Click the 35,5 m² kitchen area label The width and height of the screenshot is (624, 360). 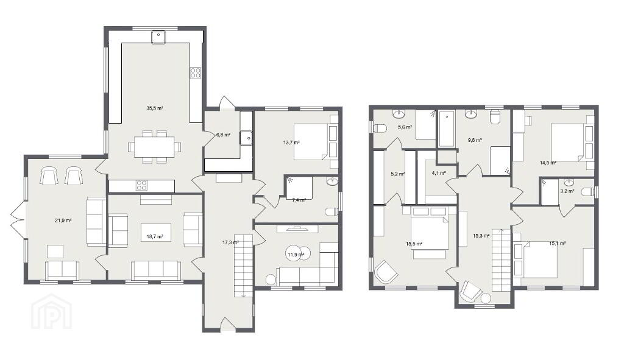(155, 108)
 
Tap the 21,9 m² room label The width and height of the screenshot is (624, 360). (63, 221)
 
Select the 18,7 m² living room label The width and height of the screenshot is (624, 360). (155, 236)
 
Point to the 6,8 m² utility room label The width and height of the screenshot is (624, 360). (223, 135)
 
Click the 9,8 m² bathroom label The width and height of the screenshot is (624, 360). (475, 140)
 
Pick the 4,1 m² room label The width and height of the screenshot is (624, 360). (438, 173)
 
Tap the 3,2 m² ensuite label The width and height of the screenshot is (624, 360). (567, 191)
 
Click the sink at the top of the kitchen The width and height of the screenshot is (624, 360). (158, 37)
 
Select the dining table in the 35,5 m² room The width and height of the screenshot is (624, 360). (154, 147)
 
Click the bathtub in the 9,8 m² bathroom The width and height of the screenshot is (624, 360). (447, 129)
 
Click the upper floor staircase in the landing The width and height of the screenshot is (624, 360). (501, 259)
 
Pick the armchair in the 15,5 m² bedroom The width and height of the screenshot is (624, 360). (385, 272)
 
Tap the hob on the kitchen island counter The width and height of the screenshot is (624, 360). (142, 186)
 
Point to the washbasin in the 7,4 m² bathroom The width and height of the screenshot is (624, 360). (332, 182)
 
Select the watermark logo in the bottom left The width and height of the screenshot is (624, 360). (52, 311)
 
